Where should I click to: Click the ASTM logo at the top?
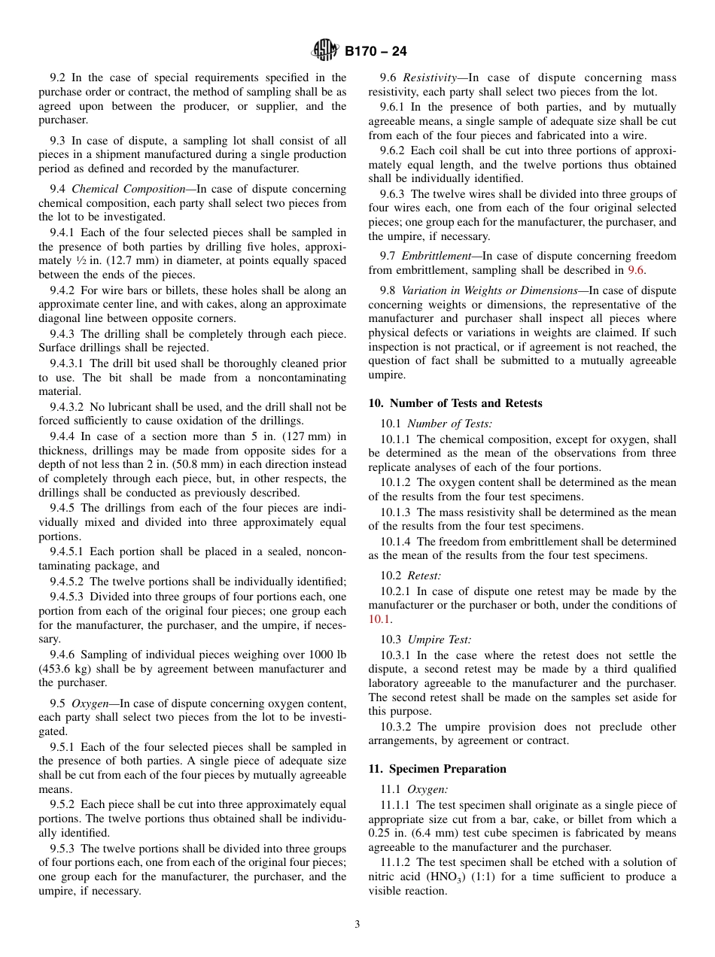(x=325, y=51)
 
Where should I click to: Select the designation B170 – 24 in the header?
(x=376, y=52)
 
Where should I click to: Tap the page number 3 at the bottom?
(x=357, y=925)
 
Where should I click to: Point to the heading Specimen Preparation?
(x=448, y=769)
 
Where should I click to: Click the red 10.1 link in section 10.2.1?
(x=380, y=619)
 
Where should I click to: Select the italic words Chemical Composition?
(x=129, y=189)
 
